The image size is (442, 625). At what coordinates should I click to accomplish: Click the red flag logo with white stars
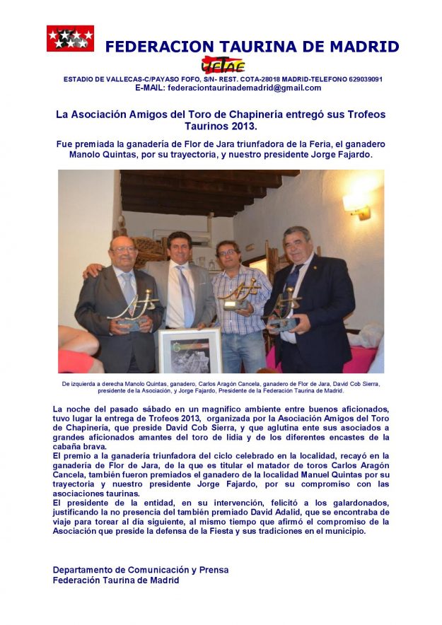click(70, 38)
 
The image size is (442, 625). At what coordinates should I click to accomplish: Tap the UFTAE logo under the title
click(223, 64)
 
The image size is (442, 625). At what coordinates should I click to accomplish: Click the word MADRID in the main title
click(365, 47)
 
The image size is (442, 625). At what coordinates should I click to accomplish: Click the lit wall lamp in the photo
click(356, 205)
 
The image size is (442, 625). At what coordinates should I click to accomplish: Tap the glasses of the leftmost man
click(122, 250)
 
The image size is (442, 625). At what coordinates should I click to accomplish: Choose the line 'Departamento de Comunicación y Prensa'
click(141, 570)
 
